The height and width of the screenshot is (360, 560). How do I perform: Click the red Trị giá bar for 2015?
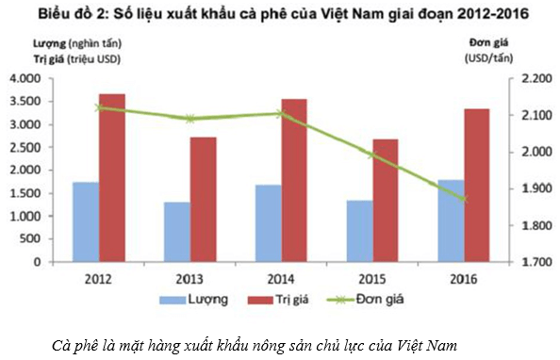click(x=385, y=201)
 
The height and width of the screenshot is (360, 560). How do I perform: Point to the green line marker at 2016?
click(x=462, y=199)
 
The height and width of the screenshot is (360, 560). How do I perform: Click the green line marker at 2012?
click(x=99, y=107)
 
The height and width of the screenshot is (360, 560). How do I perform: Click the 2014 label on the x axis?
click(x=280, y=279)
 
